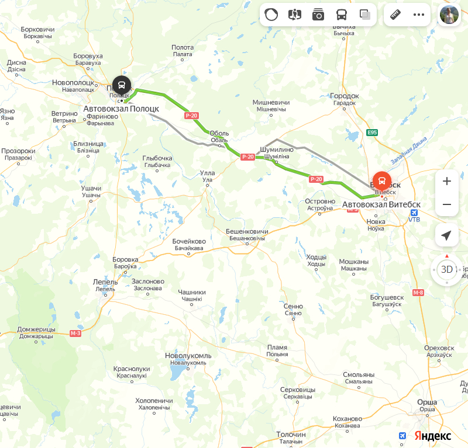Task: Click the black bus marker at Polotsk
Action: [122, 85]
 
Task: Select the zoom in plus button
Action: [447, 181]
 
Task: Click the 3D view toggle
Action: [447, 269]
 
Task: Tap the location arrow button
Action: [447, 235]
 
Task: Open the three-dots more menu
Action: [419, 15]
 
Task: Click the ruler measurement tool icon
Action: [395, 15]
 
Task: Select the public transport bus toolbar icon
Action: [341, 15]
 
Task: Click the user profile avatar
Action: [449, 15]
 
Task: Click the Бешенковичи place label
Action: [247, 232]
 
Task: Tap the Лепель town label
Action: [105, 282]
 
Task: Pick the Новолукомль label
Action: [188, 356]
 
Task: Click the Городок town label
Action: [344, 96]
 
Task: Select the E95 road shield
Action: [372, 133]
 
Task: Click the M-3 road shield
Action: [75, 333]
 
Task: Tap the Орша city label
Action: [427, 402]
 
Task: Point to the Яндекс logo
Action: [433, 436]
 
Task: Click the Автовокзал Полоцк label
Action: [121, 109]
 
